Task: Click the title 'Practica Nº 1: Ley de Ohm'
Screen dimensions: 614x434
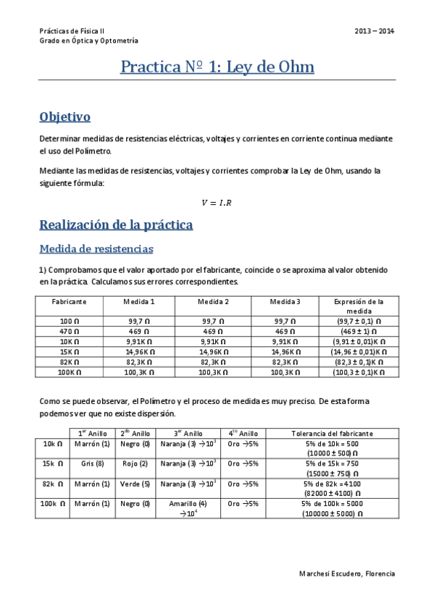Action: point(217,68)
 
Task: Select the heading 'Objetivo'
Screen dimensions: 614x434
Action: point(64,116)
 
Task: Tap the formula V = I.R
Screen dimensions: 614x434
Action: point(216,202)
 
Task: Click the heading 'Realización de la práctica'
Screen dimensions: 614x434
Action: point(116,225)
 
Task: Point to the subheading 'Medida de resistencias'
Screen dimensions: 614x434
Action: point(96,249)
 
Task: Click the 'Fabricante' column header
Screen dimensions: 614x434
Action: point(70,301)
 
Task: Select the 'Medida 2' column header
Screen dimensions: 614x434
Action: point(213,301)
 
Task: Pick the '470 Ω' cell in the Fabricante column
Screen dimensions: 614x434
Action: point(70,330)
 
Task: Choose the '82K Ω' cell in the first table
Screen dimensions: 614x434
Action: point(70,361)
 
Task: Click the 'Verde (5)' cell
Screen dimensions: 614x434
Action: point(135,483)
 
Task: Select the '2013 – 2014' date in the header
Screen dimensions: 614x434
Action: point(375,31)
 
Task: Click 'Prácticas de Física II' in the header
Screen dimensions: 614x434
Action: point(72,31)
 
